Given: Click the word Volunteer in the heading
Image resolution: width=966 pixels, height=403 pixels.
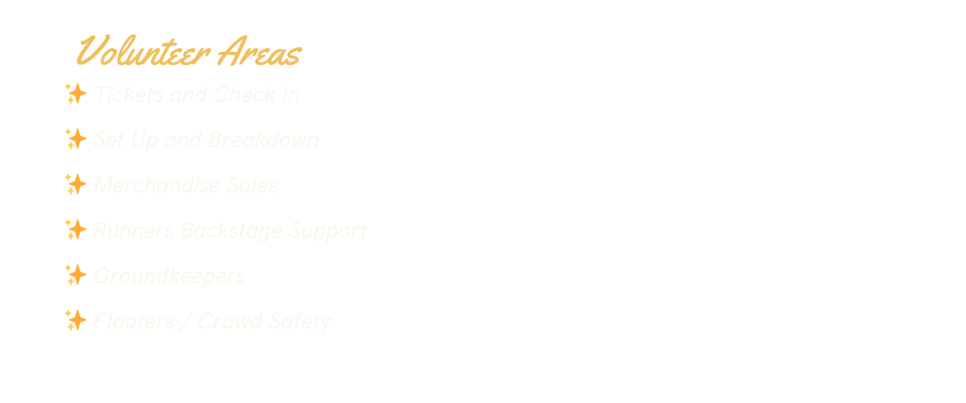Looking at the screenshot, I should coord(142,53).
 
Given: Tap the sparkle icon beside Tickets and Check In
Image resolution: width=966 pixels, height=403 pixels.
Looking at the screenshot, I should coord(75,94).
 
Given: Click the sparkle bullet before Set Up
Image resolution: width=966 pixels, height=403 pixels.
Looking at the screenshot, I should coord(75,140).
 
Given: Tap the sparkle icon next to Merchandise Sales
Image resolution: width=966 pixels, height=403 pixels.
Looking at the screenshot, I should coord(75,185).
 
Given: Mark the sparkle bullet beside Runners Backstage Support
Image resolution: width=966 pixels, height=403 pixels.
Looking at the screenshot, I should coord(75,230).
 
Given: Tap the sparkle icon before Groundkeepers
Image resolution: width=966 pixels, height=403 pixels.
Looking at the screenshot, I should coord(75,276).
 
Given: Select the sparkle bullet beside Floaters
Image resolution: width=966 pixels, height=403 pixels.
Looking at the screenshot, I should coord(75,321).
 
